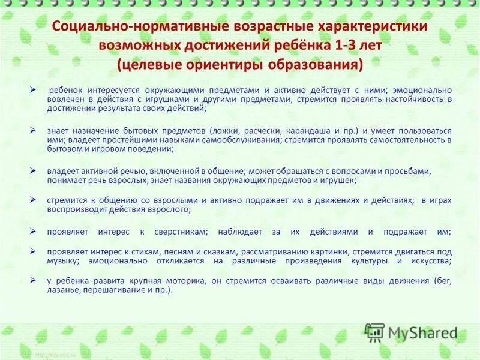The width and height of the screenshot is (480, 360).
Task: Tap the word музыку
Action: pos(62,261)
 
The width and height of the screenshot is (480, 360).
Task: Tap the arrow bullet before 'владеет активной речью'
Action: pos(34,171)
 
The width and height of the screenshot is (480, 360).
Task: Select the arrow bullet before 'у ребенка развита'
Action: pos(34,281)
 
